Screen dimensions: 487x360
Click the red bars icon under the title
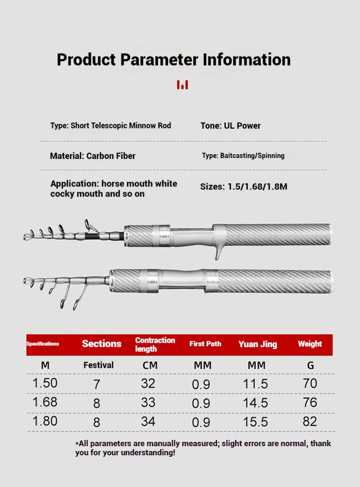182,85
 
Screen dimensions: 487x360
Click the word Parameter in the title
159,60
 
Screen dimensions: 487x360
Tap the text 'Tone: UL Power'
230,126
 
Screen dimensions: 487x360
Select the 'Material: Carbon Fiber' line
93,156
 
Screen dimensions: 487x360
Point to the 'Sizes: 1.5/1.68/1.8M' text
243,186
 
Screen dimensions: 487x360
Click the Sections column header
101,344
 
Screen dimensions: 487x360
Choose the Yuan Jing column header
257,344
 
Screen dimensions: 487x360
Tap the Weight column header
310,344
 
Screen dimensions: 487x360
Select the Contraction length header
155,344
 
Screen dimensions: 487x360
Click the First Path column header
205,344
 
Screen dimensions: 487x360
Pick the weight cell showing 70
310,383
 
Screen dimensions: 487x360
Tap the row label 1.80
45,421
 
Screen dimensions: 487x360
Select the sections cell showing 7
96,384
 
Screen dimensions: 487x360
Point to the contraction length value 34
148,421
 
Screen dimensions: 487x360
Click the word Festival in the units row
98,365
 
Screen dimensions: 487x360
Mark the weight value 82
310,421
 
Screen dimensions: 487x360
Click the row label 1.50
45,383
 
